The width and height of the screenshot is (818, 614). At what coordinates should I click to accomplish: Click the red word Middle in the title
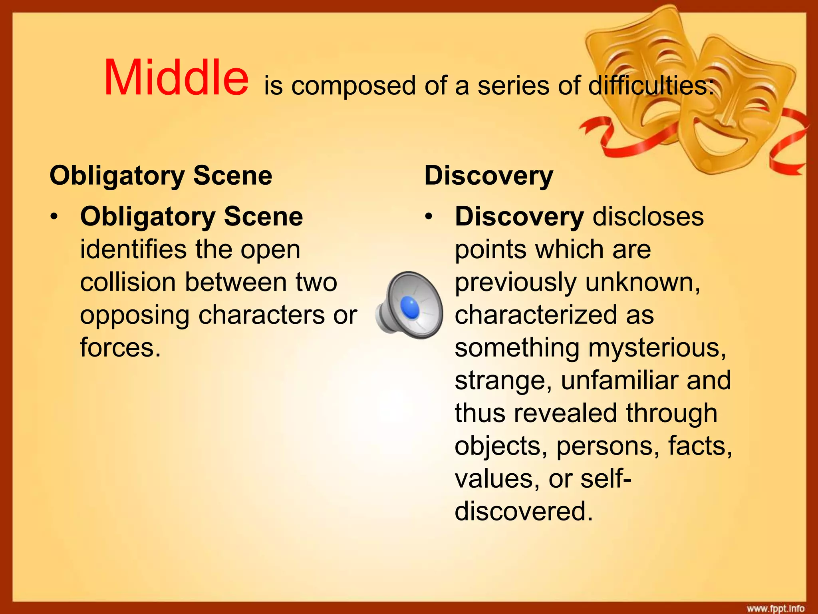pos(176,78)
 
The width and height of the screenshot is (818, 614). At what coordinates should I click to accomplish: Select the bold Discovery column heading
pos(488,175)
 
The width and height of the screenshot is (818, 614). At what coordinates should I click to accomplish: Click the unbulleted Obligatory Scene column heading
pos(161,175)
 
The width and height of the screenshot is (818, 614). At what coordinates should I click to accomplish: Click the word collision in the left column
pos(128,282)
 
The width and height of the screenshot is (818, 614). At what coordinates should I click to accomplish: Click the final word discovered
pos(523,511)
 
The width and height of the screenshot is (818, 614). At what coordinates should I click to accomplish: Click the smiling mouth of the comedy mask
pos(719,138)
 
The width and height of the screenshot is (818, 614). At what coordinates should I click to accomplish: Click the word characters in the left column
pos(262,315)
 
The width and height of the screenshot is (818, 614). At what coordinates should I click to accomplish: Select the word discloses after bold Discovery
pos(648,217)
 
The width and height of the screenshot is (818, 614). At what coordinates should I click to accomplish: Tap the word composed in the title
pos(353,86)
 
